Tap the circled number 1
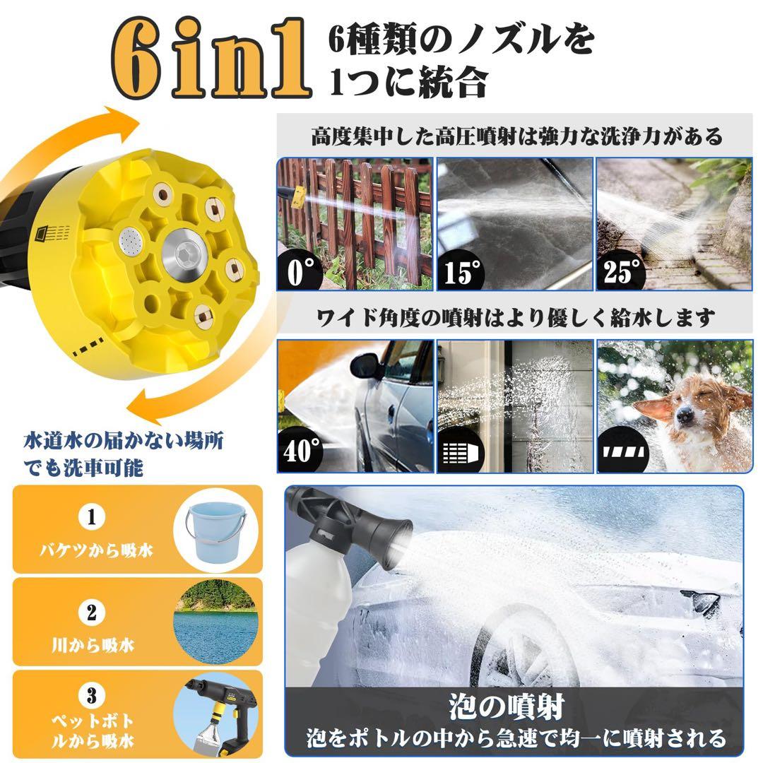click(91, 517)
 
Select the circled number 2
click(91, 612)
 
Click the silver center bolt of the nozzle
click(179, 251)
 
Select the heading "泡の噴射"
click(516, 706)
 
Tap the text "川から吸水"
click(92, 644)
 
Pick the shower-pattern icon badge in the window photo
click(461, 451)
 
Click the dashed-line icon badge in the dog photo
click(622, 450)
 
